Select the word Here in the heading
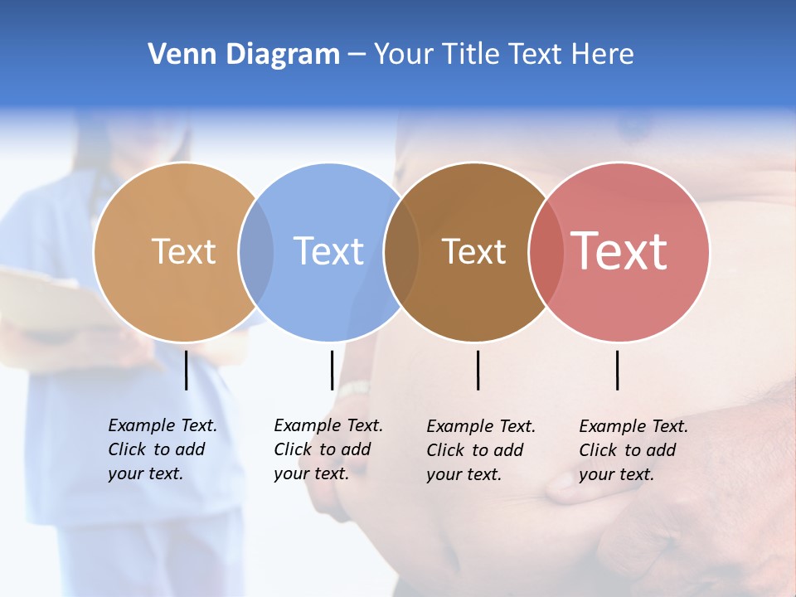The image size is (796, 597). point(603,54)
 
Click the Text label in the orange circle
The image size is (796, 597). point(183,251)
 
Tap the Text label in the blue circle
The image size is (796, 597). point(329,251)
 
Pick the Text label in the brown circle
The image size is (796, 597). point(474,251)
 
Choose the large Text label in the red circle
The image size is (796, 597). point(619,251)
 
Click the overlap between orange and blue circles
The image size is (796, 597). point(256,252)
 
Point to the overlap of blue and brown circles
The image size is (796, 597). point(401,252)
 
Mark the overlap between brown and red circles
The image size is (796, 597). point(546,252)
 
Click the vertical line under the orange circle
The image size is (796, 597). point(186,370)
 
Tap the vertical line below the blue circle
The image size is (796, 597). point(332,370)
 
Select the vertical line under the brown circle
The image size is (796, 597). point(478,370)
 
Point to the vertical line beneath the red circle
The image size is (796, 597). point(617,370)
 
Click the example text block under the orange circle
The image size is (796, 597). point(162,449)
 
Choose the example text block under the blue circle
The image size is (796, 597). point(328,449)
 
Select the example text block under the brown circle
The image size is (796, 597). point(480,450)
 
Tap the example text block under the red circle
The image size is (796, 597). point(633,450)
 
